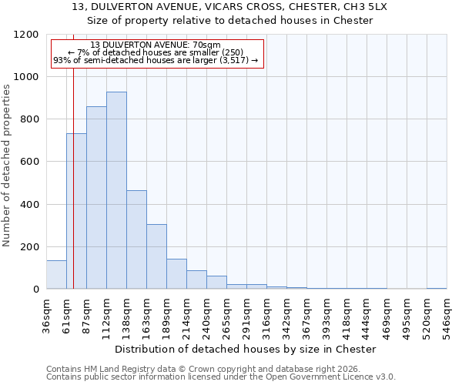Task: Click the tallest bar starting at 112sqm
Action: click(116, 190)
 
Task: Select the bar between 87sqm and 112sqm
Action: click(96, 198)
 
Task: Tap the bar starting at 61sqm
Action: click(76, 211)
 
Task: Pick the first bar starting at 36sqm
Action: click(56, 275)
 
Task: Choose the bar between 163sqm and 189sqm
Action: click(156, 256)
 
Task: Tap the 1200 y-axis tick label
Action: click(26, 35)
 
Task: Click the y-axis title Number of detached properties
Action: click(8, 166)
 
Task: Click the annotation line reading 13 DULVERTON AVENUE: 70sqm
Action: click(156, 45)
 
